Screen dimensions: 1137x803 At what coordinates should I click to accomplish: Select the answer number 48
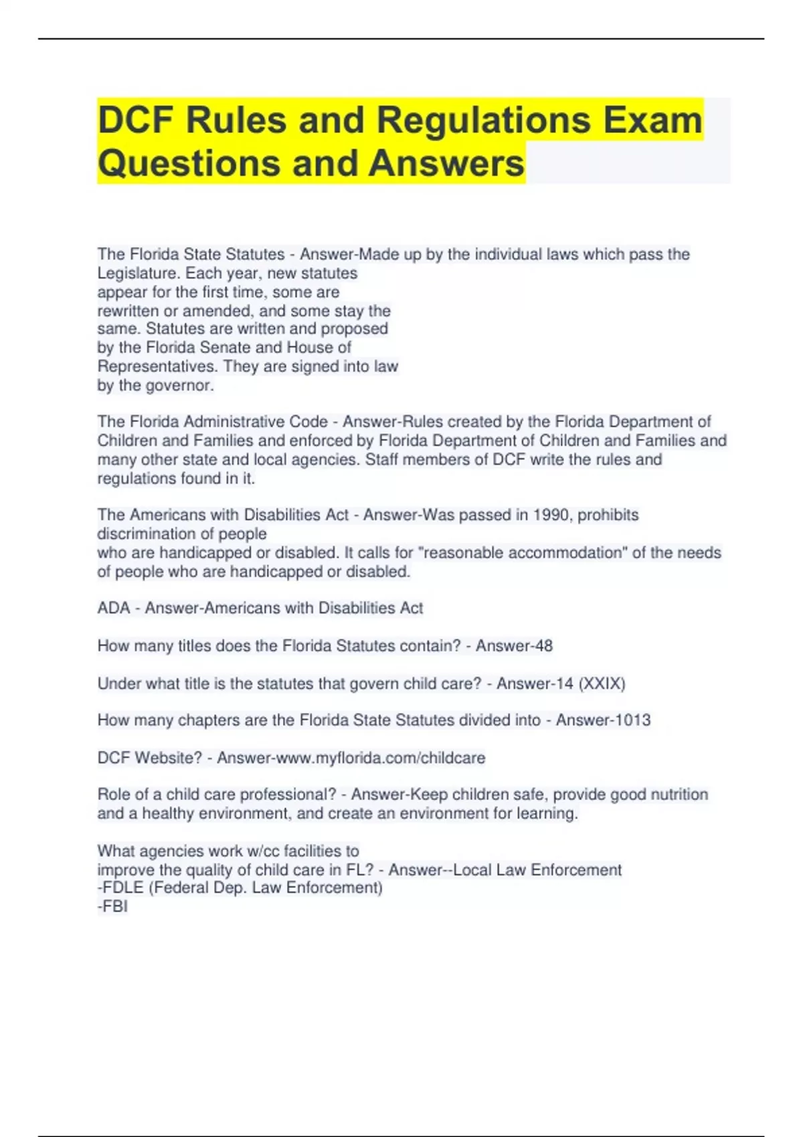pos(543,646)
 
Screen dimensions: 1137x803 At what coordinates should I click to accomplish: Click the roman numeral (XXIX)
pos(602,684)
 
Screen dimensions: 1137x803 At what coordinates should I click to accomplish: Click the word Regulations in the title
pos(484,120)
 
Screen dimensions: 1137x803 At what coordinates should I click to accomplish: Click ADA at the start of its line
pos(113,608)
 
